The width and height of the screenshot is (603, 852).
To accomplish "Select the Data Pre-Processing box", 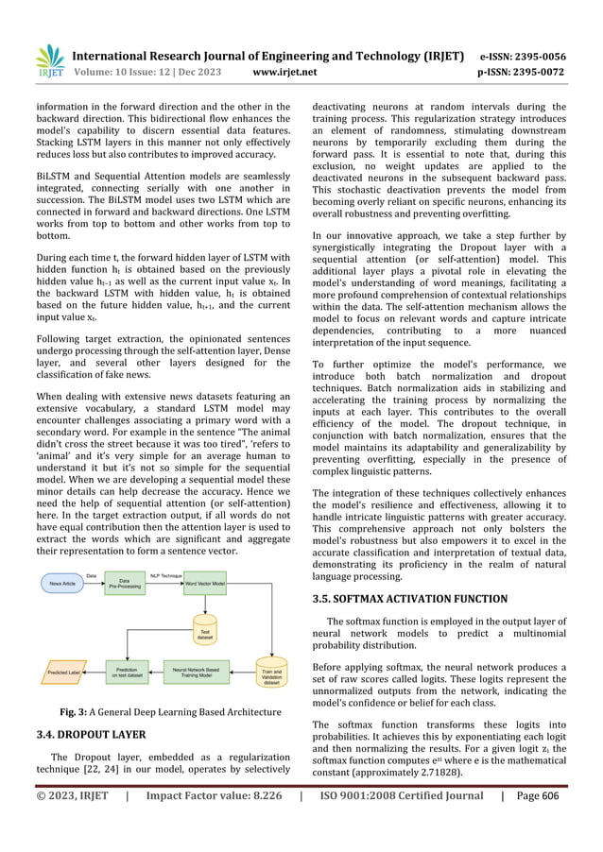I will tap(123, 586).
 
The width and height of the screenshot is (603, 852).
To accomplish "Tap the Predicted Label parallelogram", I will tap(63, 674).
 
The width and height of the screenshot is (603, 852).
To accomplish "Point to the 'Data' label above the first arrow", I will tap(92, 574).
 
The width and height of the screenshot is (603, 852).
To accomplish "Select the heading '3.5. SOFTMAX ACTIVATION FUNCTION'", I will tap(406, 598).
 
